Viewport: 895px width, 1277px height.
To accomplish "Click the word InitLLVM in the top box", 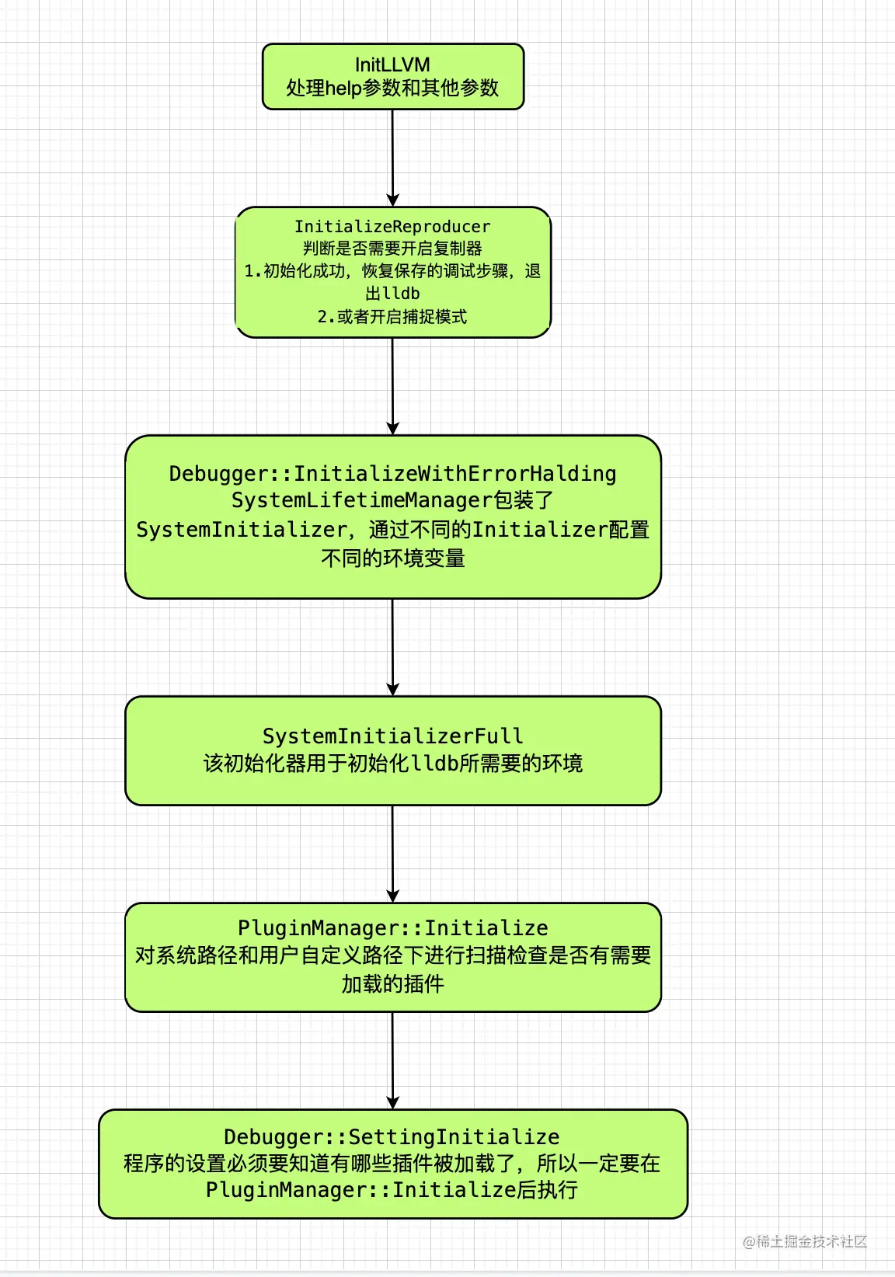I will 392,64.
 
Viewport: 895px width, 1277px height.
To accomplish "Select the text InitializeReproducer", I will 392,227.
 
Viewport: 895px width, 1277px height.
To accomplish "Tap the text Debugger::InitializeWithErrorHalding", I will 392,474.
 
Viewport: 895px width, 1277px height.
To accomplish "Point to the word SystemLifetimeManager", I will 362,501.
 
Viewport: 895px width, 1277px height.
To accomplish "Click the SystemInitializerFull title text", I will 392,736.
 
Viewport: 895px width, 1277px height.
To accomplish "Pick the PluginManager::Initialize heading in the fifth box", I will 392,928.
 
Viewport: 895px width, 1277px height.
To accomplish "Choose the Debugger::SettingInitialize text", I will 392,1137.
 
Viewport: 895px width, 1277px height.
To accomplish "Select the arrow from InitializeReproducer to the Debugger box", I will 392,386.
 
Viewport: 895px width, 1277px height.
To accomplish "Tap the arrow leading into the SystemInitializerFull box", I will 392,647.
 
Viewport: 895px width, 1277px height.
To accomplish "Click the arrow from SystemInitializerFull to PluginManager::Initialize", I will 392,854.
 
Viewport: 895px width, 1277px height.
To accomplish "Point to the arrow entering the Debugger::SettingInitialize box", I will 392,1060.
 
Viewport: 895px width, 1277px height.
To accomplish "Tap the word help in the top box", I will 343,89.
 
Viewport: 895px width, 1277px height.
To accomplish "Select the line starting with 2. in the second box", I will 392,317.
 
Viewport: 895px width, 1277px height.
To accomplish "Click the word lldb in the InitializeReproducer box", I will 402,294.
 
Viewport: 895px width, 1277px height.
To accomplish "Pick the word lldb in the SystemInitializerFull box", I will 434,764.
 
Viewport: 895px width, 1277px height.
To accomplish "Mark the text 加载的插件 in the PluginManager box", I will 392,984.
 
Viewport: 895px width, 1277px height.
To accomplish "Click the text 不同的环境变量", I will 392,558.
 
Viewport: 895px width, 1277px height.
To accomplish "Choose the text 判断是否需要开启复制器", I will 392,249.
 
